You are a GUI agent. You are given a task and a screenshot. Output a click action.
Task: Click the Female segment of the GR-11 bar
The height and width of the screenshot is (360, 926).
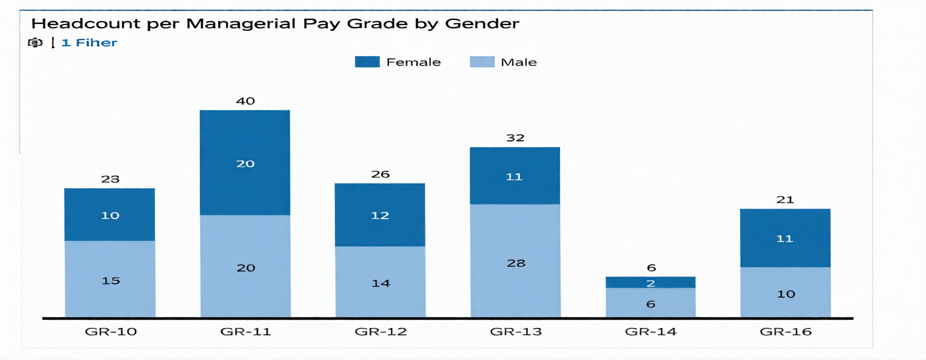245,162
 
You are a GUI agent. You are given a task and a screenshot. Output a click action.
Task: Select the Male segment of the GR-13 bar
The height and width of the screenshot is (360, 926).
515,261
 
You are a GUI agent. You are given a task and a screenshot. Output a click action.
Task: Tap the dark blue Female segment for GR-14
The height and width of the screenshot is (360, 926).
651,282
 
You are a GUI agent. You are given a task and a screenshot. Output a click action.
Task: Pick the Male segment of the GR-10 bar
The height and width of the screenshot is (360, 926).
110,279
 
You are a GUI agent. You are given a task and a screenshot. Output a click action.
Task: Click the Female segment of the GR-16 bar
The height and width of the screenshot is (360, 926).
785,238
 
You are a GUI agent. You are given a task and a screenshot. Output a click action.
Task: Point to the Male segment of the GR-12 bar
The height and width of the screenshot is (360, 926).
380,282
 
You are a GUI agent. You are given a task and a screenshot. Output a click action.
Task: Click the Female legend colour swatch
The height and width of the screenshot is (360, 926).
367,62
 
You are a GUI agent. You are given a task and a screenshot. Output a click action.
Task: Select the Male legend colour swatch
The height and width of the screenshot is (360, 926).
482,62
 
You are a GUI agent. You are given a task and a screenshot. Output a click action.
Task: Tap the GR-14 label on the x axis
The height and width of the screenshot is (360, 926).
651,332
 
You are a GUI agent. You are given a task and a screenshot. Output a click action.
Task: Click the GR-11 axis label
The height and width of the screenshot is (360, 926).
246,332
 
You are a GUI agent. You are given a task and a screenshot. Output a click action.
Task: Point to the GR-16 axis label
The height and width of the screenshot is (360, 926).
786,332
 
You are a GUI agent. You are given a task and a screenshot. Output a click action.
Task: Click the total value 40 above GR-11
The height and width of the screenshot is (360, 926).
246,101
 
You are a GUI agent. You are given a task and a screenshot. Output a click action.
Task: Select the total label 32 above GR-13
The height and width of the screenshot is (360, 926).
515,138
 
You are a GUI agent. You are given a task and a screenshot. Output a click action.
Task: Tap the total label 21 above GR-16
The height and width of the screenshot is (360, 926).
785,200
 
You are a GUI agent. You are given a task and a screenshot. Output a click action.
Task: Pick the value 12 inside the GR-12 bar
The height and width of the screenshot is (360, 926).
380,216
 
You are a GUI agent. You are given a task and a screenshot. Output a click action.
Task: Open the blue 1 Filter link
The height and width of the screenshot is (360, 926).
89,43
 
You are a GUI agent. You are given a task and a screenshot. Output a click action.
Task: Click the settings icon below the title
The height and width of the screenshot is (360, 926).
35,43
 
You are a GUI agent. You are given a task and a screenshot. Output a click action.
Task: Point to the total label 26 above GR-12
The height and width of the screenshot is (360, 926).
381,174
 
